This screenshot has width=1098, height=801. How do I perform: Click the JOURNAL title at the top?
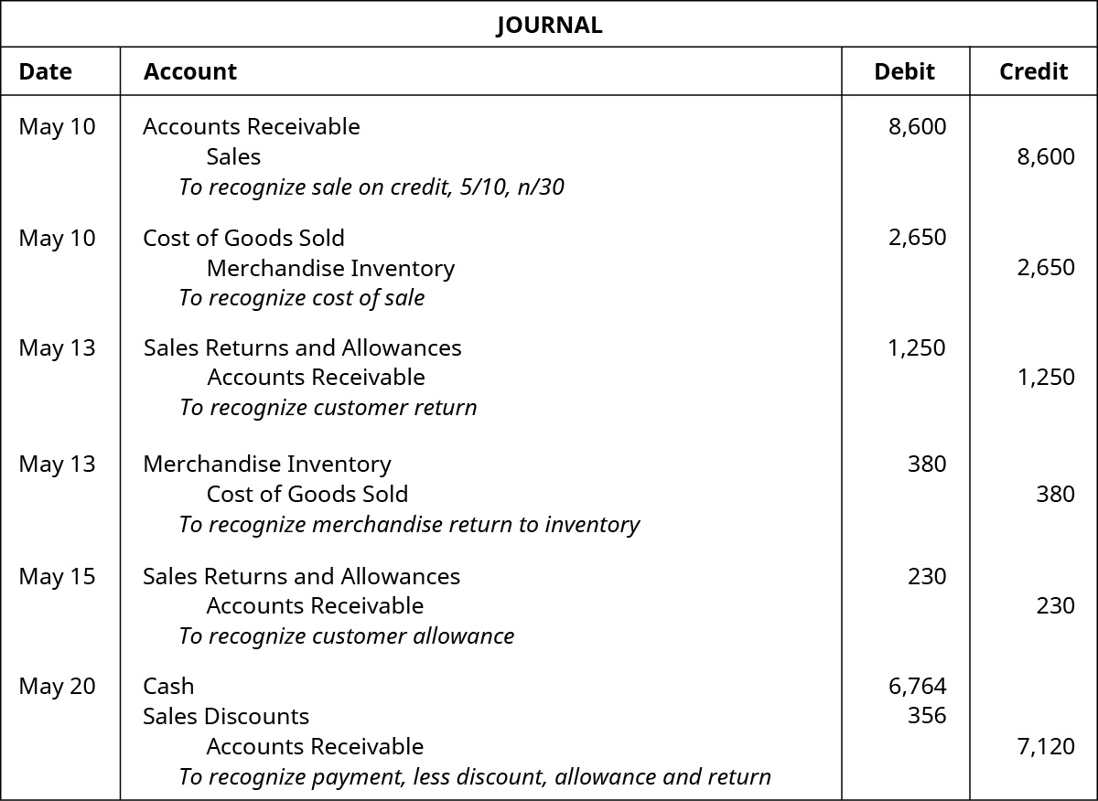[549, 25]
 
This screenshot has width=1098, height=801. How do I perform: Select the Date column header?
[45, 71]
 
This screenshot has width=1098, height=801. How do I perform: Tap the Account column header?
[190, 71]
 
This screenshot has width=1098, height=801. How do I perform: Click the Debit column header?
[904, 71]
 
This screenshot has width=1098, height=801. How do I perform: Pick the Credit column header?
[1033, 71]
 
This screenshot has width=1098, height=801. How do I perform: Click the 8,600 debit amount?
[917, 126]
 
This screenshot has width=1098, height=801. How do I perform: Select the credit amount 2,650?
[1046, 268]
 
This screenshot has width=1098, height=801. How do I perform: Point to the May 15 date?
[57, 576]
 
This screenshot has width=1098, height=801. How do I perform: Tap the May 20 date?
[57, 686]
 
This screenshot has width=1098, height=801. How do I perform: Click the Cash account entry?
[168, 686]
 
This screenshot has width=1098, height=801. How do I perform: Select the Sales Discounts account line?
[226, 716]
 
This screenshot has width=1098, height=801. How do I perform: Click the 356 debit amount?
[926, 716]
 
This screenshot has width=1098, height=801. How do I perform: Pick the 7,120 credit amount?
[1046, 746]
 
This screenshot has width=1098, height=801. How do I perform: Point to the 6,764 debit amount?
[917, 686]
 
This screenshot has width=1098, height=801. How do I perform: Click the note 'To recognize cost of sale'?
[302, 298]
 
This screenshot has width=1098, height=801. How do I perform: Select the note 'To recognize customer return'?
[328, 408]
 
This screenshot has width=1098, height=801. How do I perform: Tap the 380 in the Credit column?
[1055, 494]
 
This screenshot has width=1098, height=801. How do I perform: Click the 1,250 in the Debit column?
[917, 347]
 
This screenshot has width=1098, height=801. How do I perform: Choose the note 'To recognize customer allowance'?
[347, 636]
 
